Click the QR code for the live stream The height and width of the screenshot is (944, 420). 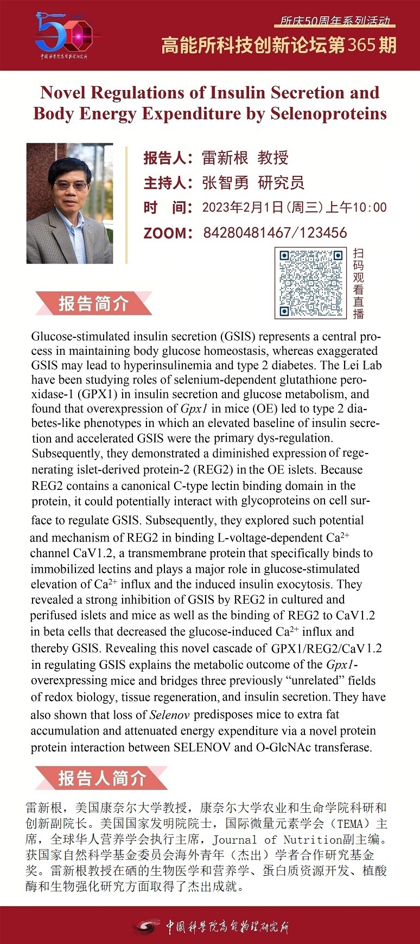pos(311,283)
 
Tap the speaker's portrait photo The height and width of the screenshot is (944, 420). pos(69,203)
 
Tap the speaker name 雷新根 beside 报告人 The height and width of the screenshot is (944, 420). pos(225,158)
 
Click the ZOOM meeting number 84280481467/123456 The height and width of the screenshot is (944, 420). pos(275,233)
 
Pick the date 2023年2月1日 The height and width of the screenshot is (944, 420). pos(243,207)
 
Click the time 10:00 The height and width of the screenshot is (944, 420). pos(370,207)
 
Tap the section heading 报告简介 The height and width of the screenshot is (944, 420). pos(93,304)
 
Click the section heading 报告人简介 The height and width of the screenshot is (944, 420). pos(102,778)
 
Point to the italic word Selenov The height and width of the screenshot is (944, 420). pos(169,715)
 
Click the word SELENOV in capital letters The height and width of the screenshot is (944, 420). pos(202,747)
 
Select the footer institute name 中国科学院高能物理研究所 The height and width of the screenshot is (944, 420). pos(227,926)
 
